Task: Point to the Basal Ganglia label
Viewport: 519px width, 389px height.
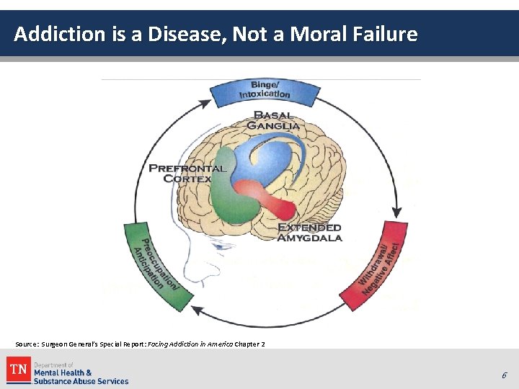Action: (x=273, y=120)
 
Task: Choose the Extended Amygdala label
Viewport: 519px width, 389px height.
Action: (x=310, y=232)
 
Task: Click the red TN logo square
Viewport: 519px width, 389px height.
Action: (x=18, y=370)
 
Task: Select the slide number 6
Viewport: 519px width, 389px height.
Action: (x=505, y=375)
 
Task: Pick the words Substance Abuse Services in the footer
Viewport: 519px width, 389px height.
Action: (x=81, y=381)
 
